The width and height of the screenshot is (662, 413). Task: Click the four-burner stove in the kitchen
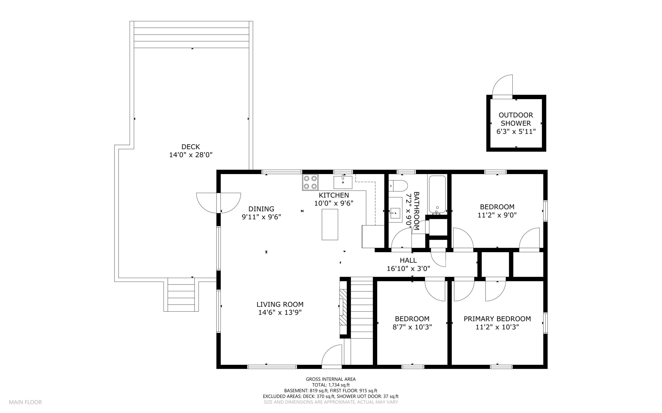(x=310, y=182)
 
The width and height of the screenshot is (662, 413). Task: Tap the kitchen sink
(x=343, y=182)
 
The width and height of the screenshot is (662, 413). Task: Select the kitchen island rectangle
(x=330, y=224)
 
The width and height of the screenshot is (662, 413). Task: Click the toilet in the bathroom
(x=398, y=186)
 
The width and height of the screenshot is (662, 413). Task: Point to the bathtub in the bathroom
(x=437, y=194)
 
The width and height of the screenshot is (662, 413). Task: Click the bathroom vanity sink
(x=395, y=213)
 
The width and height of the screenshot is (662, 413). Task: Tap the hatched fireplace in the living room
(x=343, y=307)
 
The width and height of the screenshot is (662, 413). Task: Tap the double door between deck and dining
(x=219, y=202)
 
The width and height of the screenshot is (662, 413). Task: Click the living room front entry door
(x=332, y=356)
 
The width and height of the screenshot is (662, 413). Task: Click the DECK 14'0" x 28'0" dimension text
(x=191, y=155)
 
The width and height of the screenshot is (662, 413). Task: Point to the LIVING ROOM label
(x=280, y=304)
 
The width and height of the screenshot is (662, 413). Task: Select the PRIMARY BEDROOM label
(x=497, y=319)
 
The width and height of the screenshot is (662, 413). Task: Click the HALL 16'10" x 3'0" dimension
(x=408, y=268)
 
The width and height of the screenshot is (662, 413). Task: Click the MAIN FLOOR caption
(x=25, y=402)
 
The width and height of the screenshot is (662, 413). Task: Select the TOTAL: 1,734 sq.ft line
(x=331, y=385)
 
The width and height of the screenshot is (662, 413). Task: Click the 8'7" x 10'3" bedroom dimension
(x=412, y=327)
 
